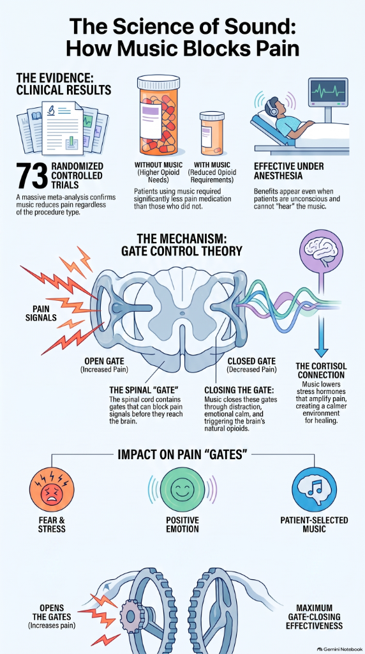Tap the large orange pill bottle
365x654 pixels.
[x=158, y=114]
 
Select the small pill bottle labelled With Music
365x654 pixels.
[x=212, y=133]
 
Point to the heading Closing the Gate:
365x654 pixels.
[x=239, y=390]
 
